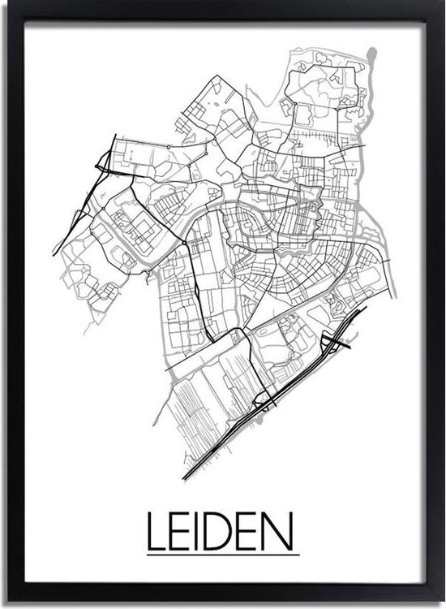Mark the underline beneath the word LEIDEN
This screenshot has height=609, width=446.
(x=223, y=555)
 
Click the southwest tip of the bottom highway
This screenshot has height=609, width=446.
(x=186, y=477)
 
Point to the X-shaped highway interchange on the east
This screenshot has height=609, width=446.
(x=334, y=339)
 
